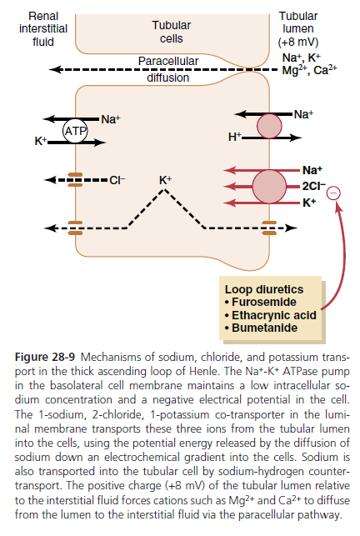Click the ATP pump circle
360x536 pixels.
[x=75, y=131]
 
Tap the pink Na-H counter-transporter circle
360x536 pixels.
[x=269, y=126]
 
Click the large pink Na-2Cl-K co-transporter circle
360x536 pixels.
[x=269, y=187]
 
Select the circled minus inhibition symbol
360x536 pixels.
[x=333, y=193]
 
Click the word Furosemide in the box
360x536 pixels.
[x=264, y=303]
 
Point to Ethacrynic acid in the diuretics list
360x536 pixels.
[x=274, y=315]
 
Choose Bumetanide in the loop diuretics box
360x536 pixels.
[x=265, y=328]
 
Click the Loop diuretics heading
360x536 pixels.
[x=264, y=289]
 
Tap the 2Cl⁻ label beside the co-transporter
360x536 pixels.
[x=313, y=186]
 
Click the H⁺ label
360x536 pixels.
[x=234, y=137]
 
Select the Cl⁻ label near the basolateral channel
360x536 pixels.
[x=117, y=180]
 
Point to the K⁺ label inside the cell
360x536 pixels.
[x=165, y=180]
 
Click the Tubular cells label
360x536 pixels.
[x=172, y=32]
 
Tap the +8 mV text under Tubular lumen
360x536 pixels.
[x=298, y=42]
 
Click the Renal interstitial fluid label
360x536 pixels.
[x=43, y=28]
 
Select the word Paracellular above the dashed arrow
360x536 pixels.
[x=168, y=61]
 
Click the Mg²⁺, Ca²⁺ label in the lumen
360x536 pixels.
[x=309, y=70]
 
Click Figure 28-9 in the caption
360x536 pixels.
[x=45, y=357]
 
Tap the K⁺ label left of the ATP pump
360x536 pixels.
[x=40, y=141]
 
